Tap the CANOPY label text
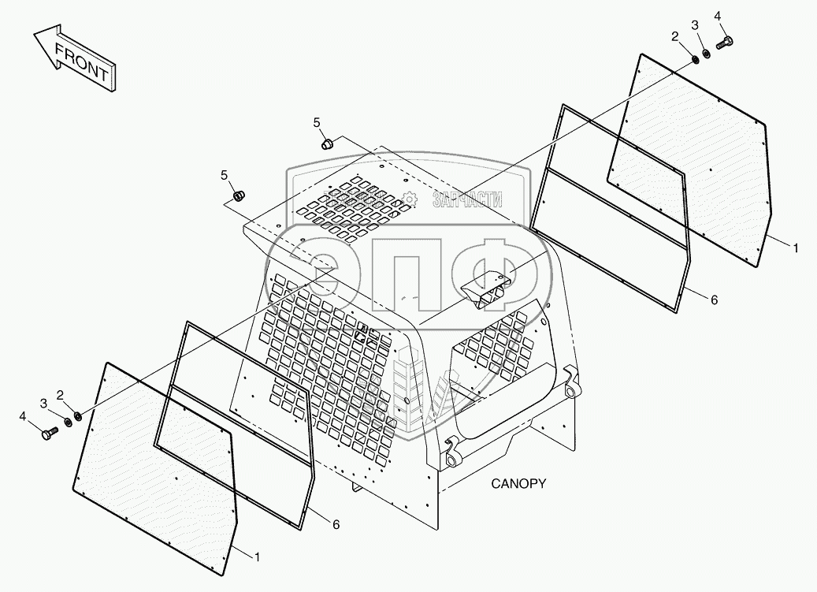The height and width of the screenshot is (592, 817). pos(518,483)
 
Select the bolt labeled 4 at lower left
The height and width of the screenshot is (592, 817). pos(50,433)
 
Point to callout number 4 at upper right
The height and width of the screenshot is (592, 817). pos(717,17)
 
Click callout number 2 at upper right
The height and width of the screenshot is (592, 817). pos(675,36)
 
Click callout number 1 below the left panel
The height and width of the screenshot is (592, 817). pos(256,557)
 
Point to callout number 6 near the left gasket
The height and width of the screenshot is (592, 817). pos(336,525)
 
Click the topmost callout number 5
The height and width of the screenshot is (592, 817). pos(317,122)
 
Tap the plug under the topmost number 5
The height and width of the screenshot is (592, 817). pos(327,143)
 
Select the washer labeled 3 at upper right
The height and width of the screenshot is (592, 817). pos(707,53)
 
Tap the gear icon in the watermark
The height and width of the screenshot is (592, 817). pos(408,200)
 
